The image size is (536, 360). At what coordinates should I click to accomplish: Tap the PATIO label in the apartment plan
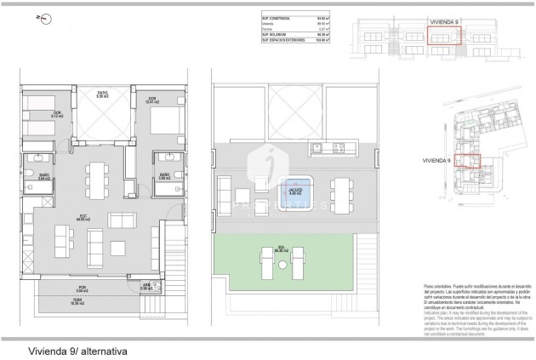102,94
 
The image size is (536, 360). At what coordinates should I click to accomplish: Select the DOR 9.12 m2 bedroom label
32,115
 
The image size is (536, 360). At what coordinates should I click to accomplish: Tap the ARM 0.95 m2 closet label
146,286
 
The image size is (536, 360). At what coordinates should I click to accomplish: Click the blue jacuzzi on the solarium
295,188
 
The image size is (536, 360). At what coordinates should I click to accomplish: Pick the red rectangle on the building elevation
442,35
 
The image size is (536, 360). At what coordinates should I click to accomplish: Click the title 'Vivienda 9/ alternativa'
66,349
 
